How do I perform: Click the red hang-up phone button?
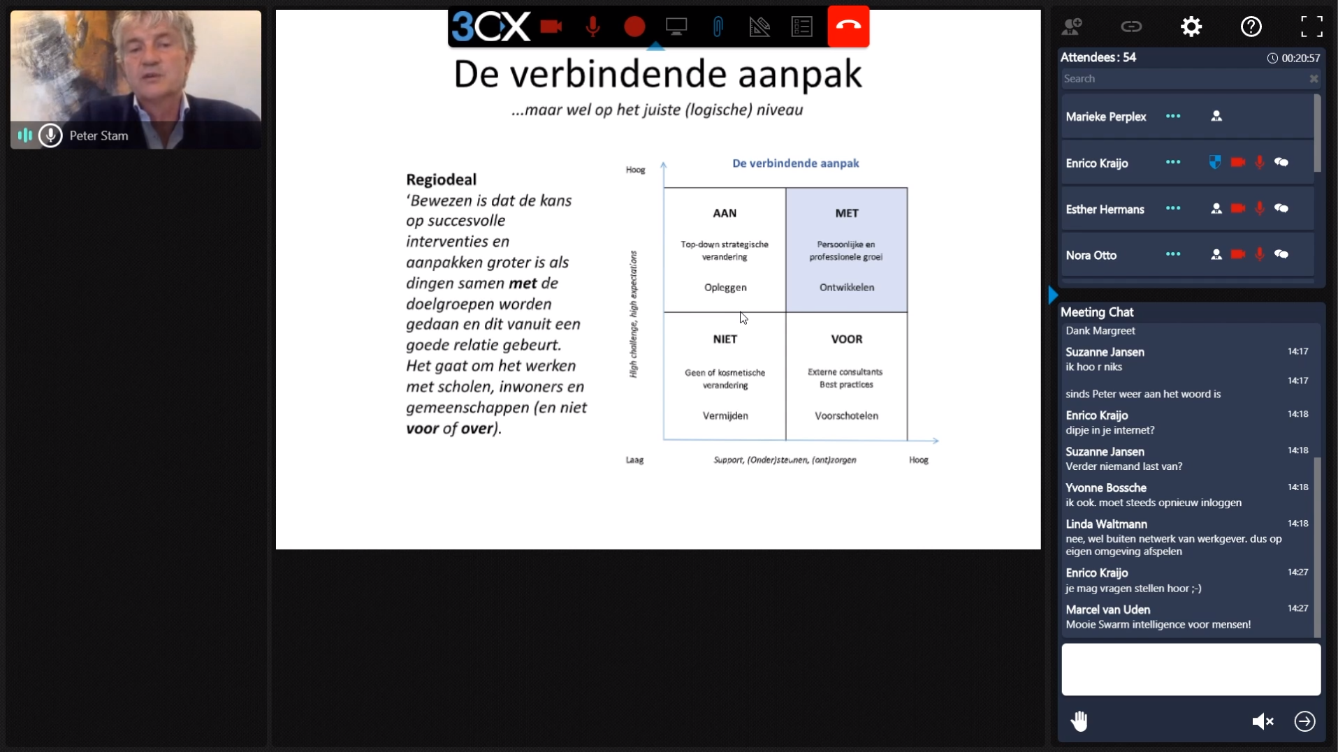point(848,27)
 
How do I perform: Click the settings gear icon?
point(1191,27)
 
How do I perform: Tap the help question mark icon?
point(1251,27)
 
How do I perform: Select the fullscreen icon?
point(1311,27)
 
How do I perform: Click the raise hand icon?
point(1079,721)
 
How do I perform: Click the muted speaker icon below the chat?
point(1263,721)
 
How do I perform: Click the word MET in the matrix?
point(847,214)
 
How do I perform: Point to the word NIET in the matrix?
point(725,339)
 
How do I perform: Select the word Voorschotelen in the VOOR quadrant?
point(846,416)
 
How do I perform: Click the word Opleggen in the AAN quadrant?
point(725,288)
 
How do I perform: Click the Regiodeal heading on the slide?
point(441,179)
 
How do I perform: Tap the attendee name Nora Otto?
point(1091,256)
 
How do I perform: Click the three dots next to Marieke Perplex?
point(1173,117)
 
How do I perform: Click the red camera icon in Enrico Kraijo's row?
point(1237,163)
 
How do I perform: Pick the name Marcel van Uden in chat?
point(1107,610)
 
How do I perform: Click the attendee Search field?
point(1181,79)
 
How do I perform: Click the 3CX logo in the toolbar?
point(490,27)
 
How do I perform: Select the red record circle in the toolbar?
point(634,27)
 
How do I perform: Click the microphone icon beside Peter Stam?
point(50,135)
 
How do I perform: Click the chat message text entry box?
point(1191,670)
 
